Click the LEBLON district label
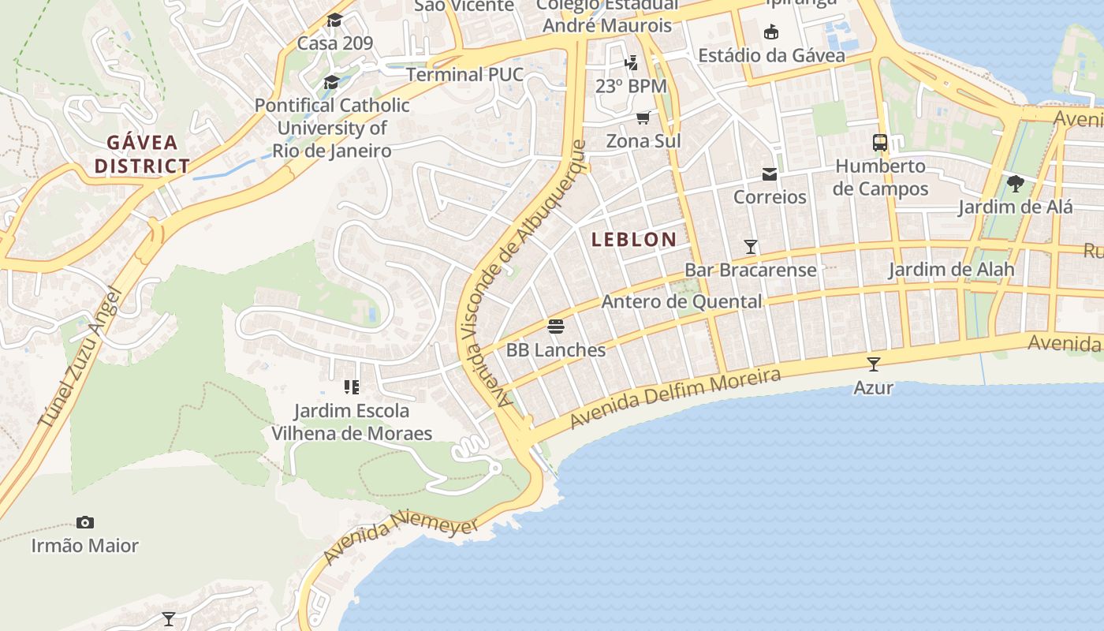pyautogui.click(x=634, y=239)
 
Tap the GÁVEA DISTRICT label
pyautogui.click(x=142, y=155)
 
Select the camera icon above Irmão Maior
pyautogui.click(x=85, y=522)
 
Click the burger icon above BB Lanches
pyautogui.click(x=556, y=327)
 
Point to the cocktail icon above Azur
pyautogui.click(x=874, y=364)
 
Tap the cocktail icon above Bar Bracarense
pyautogui.click(x=751, y=246)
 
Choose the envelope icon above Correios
pyautogui.click(x=770, y=174)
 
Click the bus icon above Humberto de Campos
pyautogui.click(x=880, y=143)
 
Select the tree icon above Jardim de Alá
pyautogui.click(x=1016, y=184)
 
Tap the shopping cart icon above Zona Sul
pyautogui.click(x=643, y=118)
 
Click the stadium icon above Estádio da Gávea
pyautogui.click(x=771, y=32)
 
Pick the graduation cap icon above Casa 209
pyautogui.click(x=335, y=20)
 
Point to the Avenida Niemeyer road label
pyautogui.click(x=401, y=537)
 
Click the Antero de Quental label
pyautogui.click(x=681, y=301)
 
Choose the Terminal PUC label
pyautogui.click(x=464, y=75)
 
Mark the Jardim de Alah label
pyautogui.click(x=951, y=269)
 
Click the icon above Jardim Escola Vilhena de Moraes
pyautogui.click(x=352, y=387)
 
